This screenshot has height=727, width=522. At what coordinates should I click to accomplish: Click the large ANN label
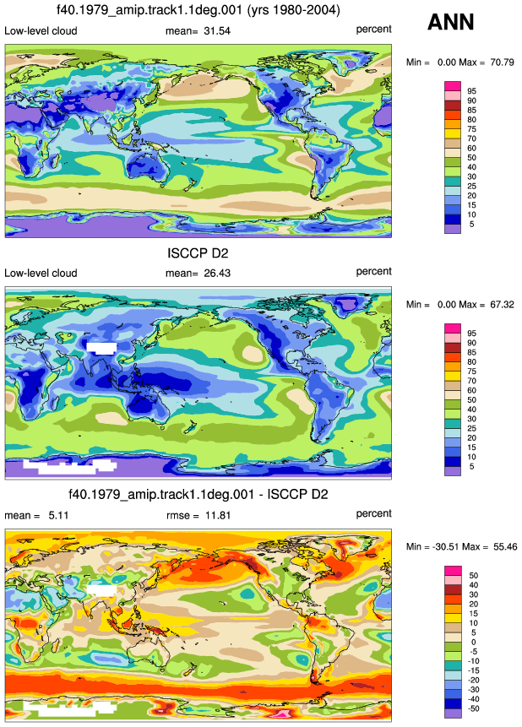tap(450, 22)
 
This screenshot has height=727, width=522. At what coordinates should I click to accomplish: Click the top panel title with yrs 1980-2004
tap(198, 10)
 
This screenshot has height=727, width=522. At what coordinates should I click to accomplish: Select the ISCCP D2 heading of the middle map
tap(198, 253)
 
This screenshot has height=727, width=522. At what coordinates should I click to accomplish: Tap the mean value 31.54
tap(217, 31)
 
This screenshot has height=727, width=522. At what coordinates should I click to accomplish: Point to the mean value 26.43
tap(217, 274)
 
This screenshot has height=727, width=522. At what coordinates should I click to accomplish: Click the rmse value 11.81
tap(218, 516)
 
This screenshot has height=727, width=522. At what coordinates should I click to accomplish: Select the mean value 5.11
tap(58, 516)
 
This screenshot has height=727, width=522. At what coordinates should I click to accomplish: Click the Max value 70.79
tap(502, 62)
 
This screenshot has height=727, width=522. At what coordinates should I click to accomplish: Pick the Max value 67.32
tap(502, 305)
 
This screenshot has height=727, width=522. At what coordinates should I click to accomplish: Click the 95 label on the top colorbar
tap(471, 91)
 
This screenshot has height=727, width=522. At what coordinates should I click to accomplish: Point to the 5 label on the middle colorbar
tap(471, 466)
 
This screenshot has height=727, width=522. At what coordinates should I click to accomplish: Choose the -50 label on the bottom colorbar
tap(473, 708)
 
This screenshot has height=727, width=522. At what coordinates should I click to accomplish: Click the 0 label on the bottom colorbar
tap(473, 643)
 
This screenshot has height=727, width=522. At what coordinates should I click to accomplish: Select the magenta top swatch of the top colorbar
tap(453, 86)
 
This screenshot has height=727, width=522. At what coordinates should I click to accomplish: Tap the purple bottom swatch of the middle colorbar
tap(453, 471)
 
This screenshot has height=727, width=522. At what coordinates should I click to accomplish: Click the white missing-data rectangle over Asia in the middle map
tap(101, 348)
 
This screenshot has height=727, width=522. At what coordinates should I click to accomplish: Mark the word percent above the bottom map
tap(373, 513)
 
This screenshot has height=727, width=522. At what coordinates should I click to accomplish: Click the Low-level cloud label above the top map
tap(41, 31)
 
